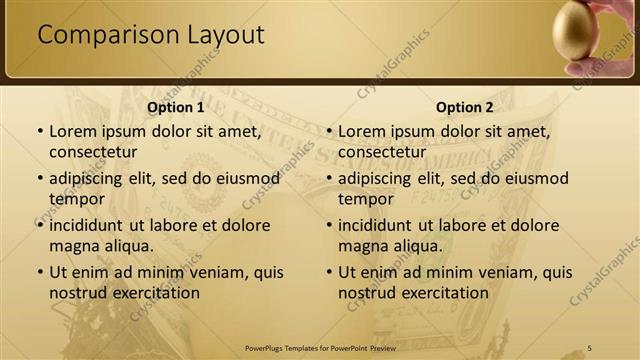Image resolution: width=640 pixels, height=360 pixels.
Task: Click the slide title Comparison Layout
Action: pos(151,35)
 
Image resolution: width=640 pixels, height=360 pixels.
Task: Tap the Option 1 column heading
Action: pos(175,107)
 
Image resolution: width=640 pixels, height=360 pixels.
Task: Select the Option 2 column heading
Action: pos(464,107)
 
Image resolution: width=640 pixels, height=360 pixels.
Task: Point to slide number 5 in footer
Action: pos(590,348)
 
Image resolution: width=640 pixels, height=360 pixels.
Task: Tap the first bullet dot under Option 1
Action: pos(39,131)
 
